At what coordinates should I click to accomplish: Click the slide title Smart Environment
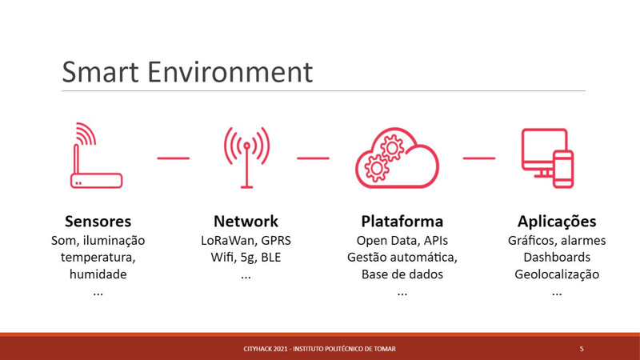pyautogui.click(x=187, y=72)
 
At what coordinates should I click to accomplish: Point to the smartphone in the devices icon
pyautogui.click(x=563, y=170)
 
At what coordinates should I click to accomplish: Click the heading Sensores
pyautogui.click(x=98, y=222)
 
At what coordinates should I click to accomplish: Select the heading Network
pyautogui.click(x=246, y=222)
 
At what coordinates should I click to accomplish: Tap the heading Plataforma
pyautogui.click(x=402, y=222)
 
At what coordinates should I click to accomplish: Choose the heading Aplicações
pyautogui.click(x=557, y=222)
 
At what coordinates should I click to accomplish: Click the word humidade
pyautogui.click(x=98, y=274)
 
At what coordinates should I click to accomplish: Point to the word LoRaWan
pyautogui.click(x=227, y=241)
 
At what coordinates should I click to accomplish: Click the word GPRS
pyautogui.click(x=276, y=241)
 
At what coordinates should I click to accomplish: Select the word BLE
pyautogui.click(x=271, y=257)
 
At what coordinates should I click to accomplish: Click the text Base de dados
pyautogui.click(x=402, y=274)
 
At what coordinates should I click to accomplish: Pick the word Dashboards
pyautogui.click(x=557, y=257)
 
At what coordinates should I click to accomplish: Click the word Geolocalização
pyautogui.click(x=557, y=274)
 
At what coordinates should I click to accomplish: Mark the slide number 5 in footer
pyautogui.click(x=582, y=349)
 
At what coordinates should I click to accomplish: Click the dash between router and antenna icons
pyautogui.click(x=174, y=158)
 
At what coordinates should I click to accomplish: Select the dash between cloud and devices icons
pyautogui.click(x=479, y=158)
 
